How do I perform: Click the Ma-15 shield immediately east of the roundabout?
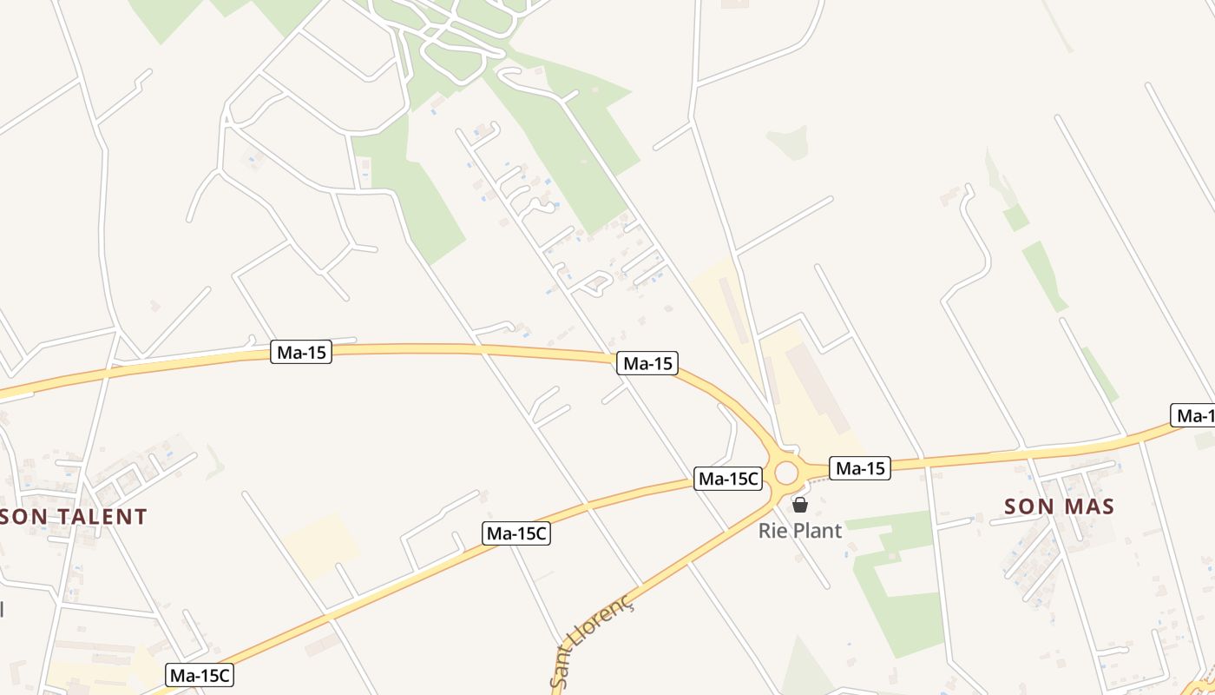pyautogui.click(x=859, y=468)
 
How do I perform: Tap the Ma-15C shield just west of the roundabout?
pyautogui.click(x=728, y=479)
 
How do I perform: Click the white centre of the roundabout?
pyautogui.click(x=786, y=473)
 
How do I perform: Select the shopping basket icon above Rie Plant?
pyautogui.click(x=800, y=504)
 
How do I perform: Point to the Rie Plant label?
pyautogui.click(x=800, y=530)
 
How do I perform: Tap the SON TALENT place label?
pyautogui.click(x=74, y=517)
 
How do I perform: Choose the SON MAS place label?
pyautogui.click(x=1059, y=506)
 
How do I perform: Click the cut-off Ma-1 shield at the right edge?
pyautogui.click(x=1194, y=416)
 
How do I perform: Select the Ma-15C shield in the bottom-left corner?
pyautogui.click(x=200, y=675)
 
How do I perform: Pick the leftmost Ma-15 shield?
pyautogui.click(x=301, y=352)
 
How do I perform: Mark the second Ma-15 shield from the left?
pyautogui.click(x=647, y=363)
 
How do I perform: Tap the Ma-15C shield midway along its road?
pyautogui.click(x=516, y=533)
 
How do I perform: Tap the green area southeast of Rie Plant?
pyautogui.click(x=903, y=599)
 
